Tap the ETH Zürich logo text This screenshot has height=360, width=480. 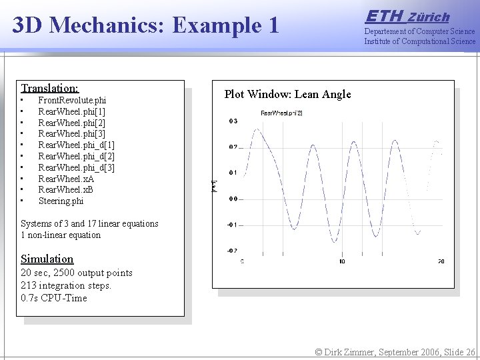(407, 16)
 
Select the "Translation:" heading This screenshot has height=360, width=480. (49, 88)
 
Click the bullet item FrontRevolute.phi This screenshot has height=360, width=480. (72, 100)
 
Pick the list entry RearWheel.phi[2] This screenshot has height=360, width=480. (71, 123)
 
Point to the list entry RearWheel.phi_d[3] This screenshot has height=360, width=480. (76, 167)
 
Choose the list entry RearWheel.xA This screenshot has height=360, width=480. (66, 179)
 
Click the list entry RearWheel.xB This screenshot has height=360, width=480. (66, 190)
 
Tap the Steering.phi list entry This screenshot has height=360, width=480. (61, 201)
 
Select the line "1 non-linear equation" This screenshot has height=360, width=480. (61, 235)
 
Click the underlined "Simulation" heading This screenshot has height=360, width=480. (47, 259)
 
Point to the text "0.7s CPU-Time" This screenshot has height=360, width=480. (54, 298)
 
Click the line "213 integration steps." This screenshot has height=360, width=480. (66, 285)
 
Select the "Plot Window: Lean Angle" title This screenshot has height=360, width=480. (287, 94)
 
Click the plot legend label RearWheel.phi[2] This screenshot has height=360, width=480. (281, 113)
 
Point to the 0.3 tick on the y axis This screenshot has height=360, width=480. (233, 121)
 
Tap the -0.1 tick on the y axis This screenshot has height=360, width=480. (231, 225)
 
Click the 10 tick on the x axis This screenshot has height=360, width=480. (341, 261)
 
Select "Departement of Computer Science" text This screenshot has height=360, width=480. (419, 31)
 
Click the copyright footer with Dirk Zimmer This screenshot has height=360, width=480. (395, 351)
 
